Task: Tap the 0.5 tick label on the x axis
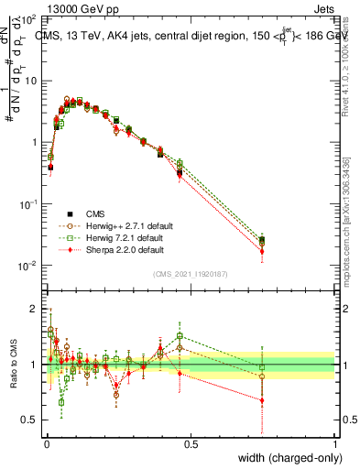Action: point(191,443)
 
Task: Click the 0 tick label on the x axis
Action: point(46,443)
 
